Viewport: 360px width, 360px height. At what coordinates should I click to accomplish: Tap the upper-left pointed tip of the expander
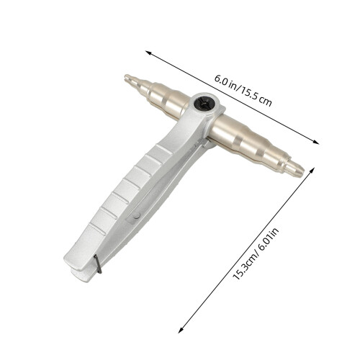click(126, 77)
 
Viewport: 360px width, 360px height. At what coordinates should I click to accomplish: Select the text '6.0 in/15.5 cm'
click(243, 91)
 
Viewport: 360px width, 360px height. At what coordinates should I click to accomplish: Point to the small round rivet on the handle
click(137, 215)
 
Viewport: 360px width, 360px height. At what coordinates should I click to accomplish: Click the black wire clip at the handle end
click(98, 264)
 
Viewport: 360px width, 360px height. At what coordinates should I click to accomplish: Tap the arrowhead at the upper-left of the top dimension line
click(148, 53)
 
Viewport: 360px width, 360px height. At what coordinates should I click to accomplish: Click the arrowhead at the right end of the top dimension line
click(316, 142)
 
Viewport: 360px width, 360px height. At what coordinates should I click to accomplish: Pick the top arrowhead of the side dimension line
click(312, 171)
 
